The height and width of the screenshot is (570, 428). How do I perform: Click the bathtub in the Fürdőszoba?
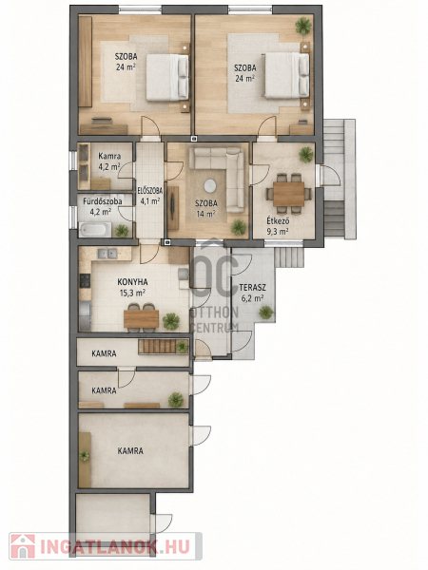click(x=95, y=230)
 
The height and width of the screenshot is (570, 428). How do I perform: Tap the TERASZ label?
click(x=252, y=288)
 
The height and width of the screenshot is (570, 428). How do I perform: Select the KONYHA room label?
click(x=132, y=282)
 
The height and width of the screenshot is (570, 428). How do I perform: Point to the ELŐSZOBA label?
click(x=149, y=191)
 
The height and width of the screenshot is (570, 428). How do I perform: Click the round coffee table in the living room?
click(x=209, y=186)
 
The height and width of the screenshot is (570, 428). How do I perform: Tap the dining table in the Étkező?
click(x=288, y=194)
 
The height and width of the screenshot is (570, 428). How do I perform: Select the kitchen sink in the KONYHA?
click(x=107, y=254)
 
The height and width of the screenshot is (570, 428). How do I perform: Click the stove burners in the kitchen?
click(x=85, y=280)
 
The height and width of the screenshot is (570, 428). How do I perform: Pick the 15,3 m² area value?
click(x=132, y=293)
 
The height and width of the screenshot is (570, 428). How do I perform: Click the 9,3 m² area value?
click(x=278, y=231)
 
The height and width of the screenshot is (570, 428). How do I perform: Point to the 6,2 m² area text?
click(x=252, y=298)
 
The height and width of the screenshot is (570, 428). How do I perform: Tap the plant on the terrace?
click(x=266, y=313)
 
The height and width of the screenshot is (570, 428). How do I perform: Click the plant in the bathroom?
click(x=122, y=230)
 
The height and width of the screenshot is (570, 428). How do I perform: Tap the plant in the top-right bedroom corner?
click(x=303, y=26)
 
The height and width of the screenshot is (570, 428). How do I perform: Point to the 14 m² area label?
click(x=206, y=214)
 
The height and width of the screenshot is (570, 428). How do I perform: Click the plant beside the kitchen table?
click(x=171, y=321)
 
